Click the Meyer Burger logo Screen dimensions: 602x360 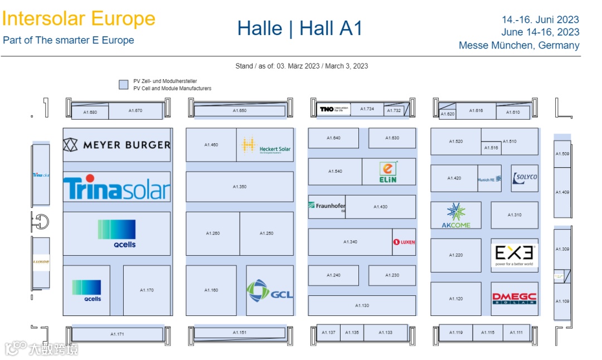click(116, 145)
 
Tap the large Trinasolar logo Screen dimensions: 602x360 click(116, 188)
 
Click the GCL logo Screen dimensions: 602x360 click(270, 291)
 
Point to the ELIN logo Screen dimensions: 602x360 click(389, 172)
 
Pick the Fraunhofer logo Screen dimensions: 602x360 click(327, 207)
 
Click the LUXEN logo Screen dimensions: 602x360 click(404, 242)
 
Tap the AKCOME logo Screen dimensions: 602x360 click(456, 216)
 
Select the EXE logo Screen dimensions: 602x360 click(514, 255)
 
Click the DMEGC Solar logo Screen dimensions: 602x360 click(514, 299)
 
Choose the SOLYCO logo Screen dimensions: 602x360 click(525, 178)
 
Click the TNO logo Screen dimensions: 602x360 click(333, 109)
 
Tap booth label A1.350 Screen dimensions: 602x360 click(240, 187)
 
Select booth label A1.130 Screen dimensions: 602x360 click(362, 305)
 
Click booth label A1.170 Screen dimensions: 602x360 click(147, 290)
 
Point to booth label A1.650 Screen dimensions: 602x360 click(240, 111)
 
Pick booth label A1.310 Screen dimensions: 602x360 click(514, 215)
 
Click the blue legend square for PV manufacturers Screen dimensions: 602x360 click(123, 85)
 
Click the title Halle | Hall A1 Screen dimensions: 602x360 click(300, 28)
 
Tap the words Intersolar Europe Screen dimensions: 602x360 click(79, 18)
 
